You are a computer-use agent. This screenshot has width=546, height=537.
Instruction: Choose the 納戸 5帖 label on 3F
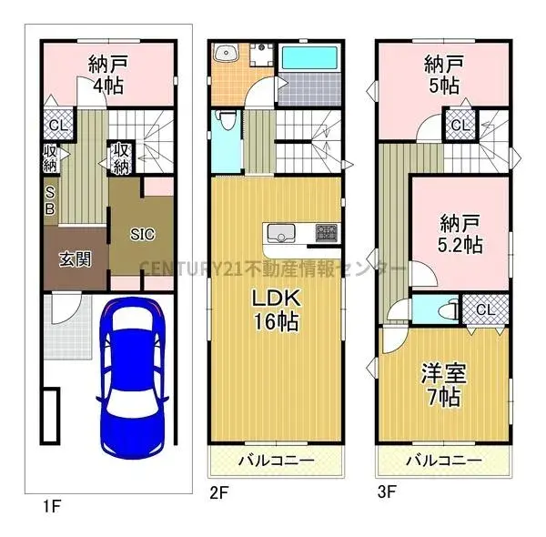pos(443,75)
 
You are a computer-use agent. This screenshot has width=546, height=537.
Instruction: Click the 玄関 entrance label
pos(75,259)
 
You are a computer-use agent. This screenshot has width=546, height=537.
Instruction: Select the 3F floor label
pos(387,495)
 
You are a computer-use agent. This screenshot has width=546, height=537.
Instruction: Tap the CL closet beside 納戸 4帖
pos(56,126)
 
